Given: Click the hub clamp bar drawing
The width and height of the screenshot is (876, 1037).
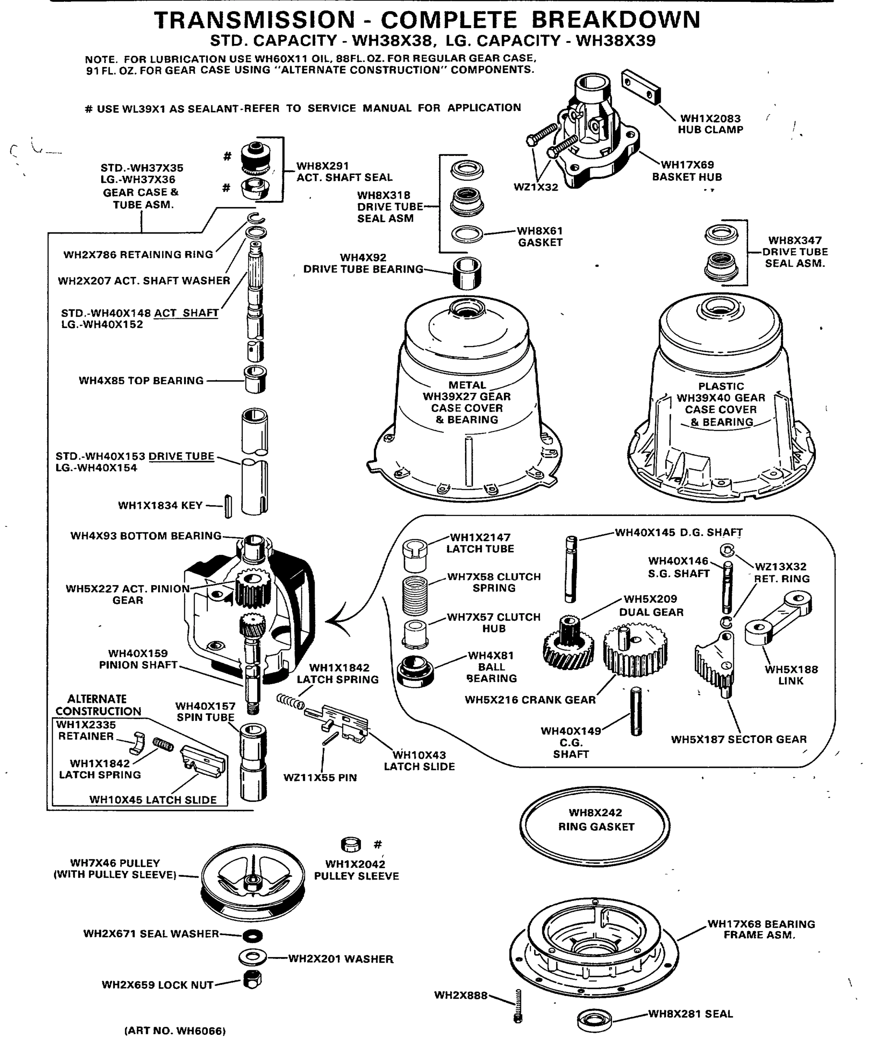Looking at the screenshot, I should click(x=641, y=87).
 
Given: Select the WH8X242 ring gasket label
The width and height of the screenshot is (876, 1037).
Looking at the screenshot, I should click(x=596, y=820).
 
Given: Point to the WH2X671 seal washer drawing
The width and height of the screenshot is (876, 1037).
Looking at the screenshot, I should click(x=253, y=936).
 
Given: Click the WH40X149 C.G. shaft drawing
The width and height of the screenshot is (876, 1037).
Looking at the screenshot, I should click(x=636, y=711).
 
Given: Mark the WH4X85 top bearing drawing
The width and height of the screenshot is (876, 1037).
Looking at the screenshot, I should click(x=255, y=379).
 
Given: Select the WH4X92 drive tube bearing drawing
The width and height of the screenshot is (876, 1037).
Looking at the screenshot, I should click(x=467, y=273).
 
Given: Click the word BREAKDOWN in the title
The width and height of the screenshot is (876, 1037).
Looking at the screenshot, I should click(x=616, y=20).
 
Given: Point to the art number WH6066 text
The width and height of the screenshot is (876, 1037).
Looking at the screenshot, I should click(x=175, y=1031).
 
